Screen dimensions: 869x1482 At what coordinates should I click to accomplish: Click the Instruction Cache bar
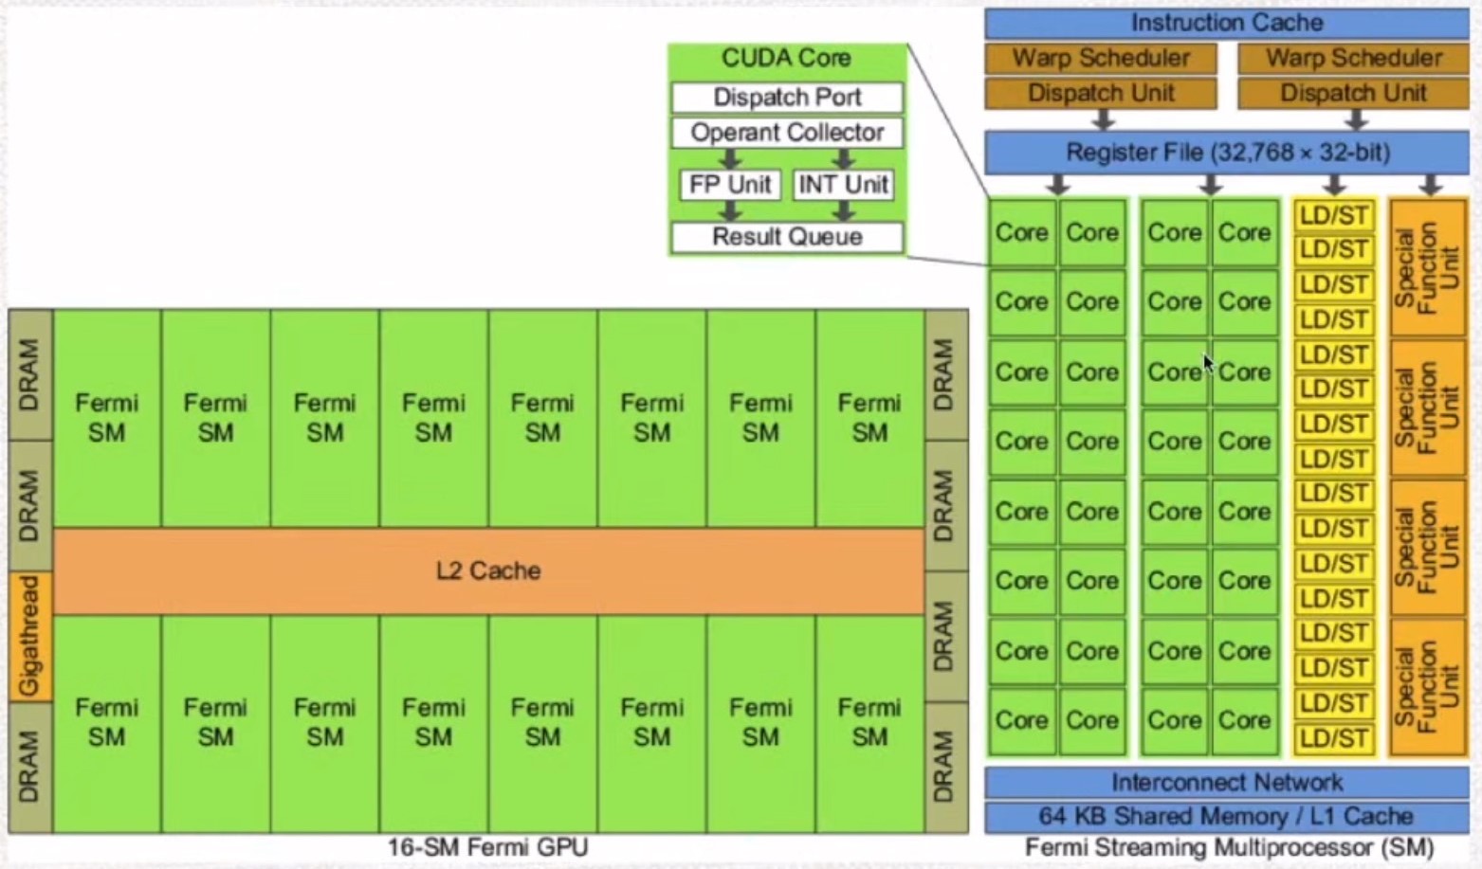[x=1226, y=23]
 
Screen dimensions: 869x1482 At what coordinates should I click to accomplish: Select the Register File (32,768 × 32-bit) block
[x=1226, y=153]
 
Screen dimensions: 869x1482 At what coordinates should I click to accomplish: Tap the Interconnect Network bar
[x=1226, y=783]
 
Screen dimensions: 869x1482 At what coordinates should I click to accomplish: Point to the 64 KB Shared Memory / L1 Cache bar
[x=1226, y=816]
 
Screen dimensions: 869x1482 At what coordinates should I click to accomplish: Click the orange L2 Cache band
[x=488, y=570]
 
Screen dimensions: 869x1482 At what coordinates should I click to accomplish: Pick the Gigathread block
[x=30, y=635]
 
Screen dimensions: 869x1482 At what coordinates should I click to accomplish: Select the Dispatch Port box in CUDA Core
[x=787, y=98]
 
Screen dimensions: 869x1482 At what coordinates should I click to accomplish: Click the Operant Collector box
[x=787, y=133]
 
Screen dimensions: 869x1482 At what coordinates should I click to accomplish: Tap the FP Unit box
[x=729, y=185]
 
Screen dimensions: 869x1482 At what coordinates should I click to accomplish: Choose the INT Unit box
[x=843, y=185]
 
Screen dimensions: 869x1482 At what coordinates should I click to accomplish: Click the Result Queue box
[x=787, y=237]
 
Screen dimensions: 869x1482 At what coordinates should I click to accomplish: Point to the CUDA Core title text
[x=786, y=58]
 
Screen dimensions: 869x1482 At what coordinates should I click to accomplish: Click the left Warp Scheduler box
[x=1101, y=58]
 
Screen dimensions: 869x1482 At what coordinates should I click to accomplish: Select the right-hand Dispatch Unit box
[x=1353, y=93]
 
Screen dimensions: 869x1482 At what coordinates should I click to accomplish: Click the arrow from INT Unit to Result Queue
[x=843, y=211]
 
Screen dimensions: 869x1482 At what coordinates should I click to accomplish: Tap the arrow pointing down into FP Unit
[x=730, y=158]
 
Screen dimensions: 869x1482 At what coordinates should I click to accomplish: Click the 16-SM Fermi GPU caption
[x=487, y=847]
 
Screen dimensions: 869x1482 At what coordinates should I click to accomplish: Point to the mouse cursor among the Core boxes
[x=1208, y=364]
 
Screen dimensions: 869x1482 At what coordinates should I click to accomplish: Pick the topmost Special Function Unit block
[x=1427, y=267]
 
